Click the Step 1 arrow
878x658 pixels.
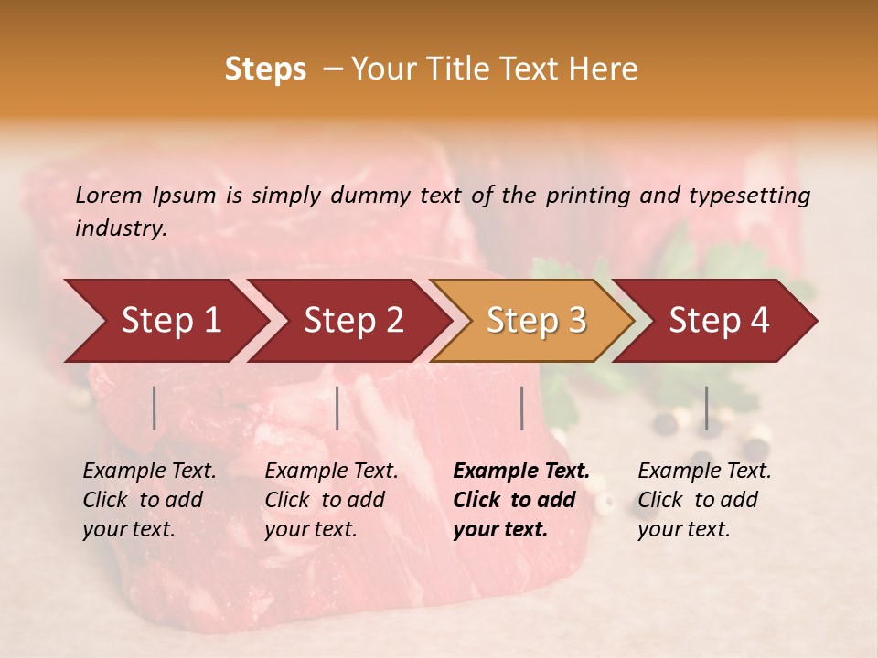(x=165, y=321)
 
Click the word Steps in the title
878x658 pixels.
(x=265, y=69)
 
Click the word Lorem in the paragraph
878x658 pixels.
(x=108, y=195)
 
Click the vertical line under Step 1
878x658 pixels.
(x=155, y=408)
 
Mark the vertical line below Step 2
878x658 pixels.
(x=337, y=408)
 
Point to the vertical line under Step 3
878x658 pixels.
(x=521, y=408)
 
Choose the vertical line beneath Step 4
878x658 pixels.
(x=706, y=408)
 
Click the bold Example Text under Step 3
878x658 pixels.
(x=521, y=472)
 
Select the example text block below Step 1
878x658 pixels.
(x=149, y=500)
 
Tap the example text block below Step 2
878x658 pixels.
(x=331, y=500)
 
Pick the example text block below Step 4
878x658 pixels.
(x=704, y=500)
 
